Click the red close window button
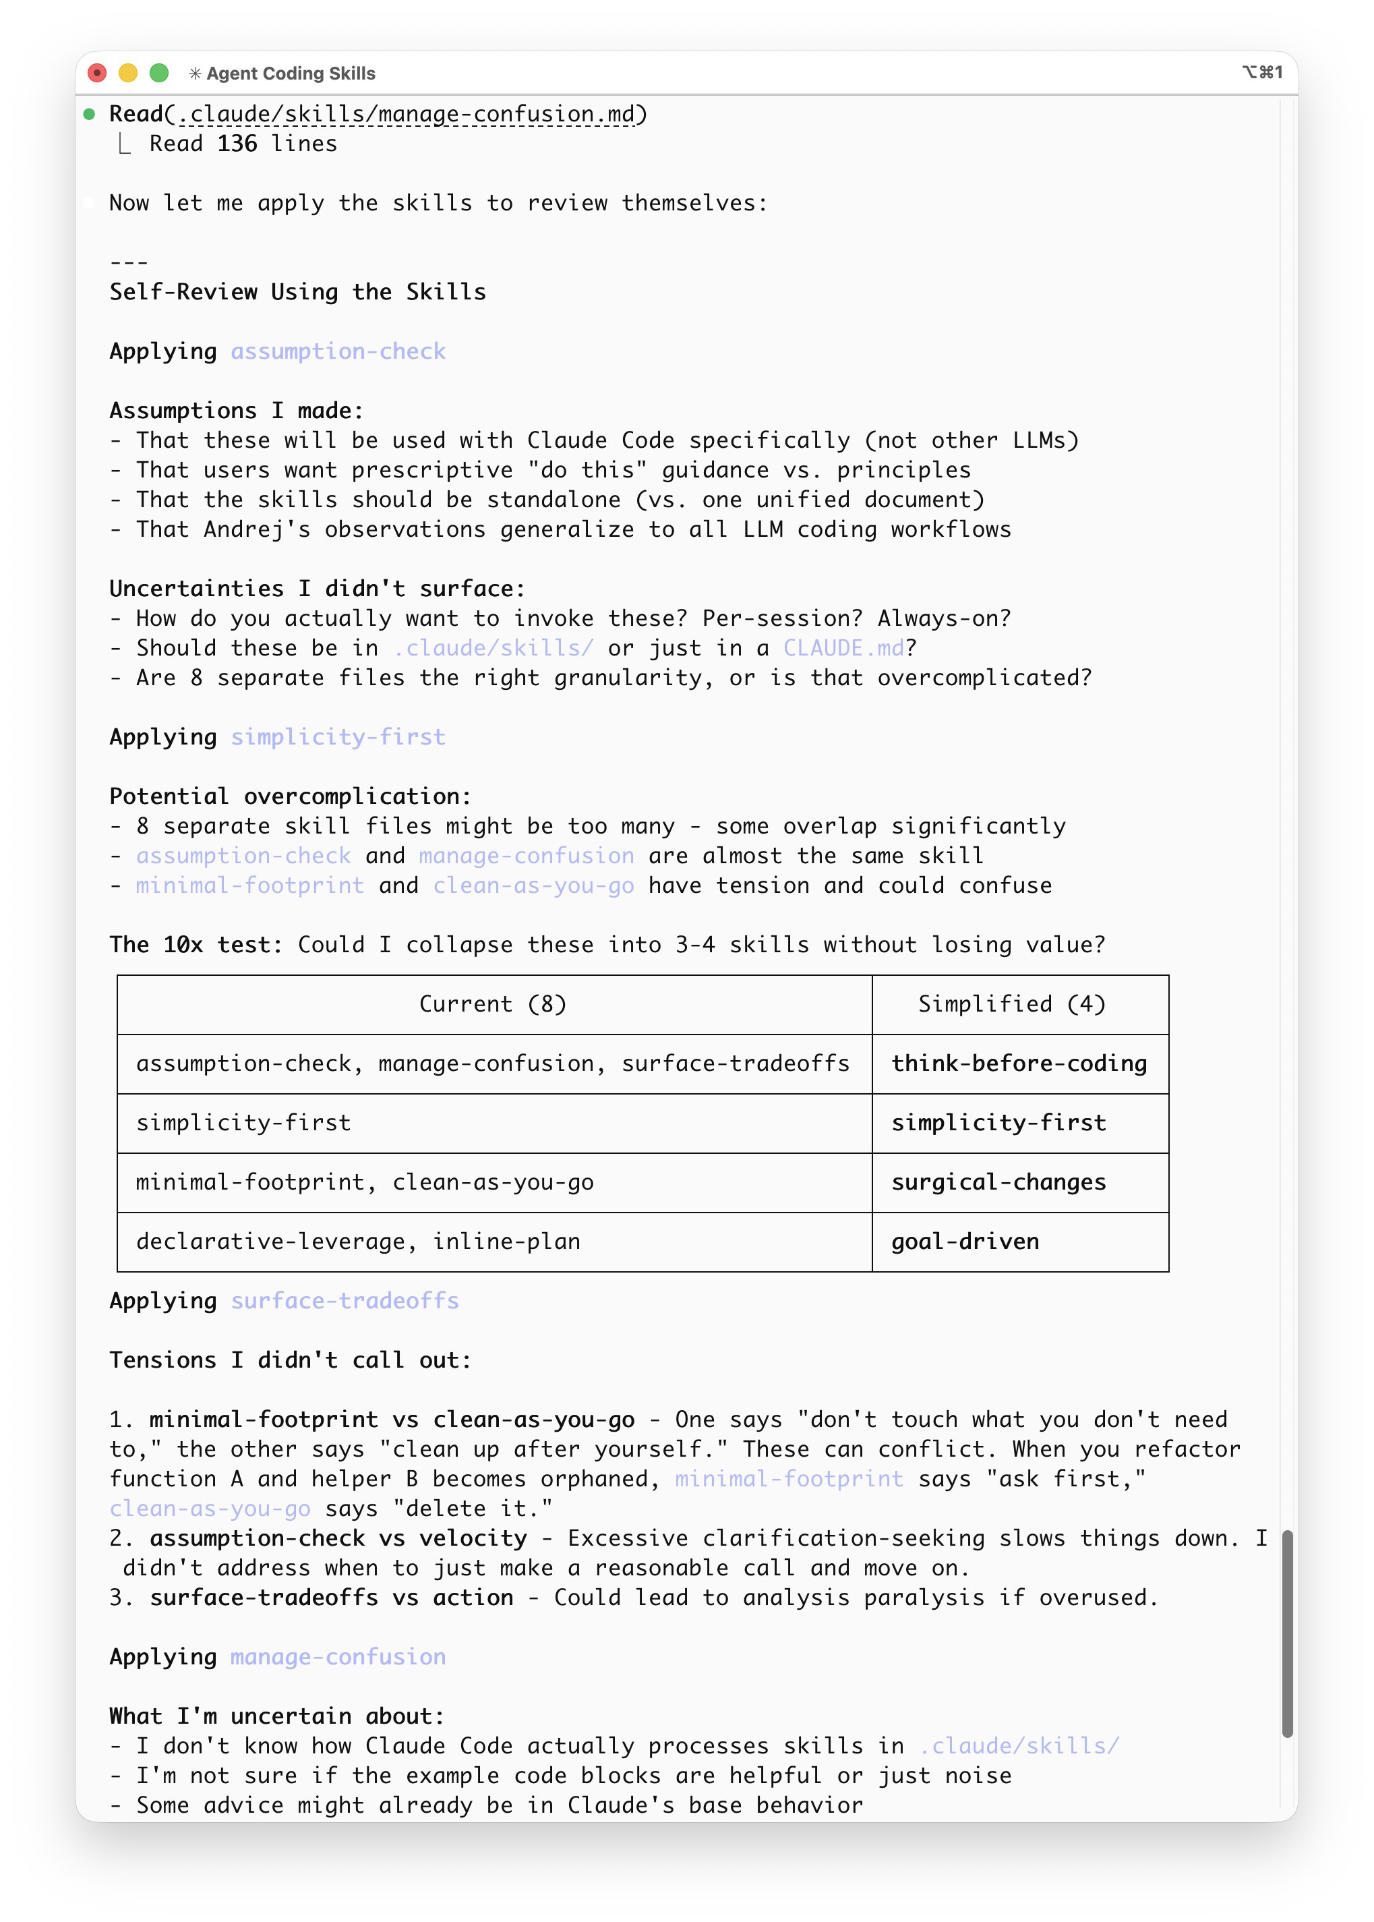pyautogui.click(x=97, y=74)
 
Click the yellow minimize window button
pyautogui.click(x=127, y=74)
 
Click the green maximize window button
pyautogui.click(x=159, y=74)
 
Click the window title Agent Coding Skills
pyautogui.click(x=290, y=74)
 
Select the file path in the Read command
pyautogui.click(x=405, y=114)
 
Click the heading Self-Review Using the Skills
pyautogui.click(x=298, y=292)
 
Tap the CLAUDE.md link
pyautogui.click(x=843, y=648)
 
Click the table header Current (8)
pyautogui.click(x=494, y=1005)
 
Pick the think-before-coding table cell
pyautogui.click(x=1019, y=1064)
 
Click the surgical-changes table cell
pyautogui.click(x=998, y=1182)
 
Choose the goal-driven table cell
pyautogui.click(x=965, y=1242)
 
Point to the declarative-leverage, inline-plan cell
pyautogui.click(x=359, y=1242)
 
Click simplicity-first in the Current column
pyautogui.click(x=243, y=1123)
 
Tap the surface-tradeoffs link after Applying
pyautogui.click(x=345, y=1301)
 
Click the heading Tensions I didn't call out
pyautogui.click(x=290, y=1360)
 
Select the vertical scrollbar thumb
pyautogui.click(x=1287, y=1633)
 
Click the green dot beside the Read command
pyautogui.click(x=89, y=114)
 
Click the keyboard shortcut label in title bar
pyautogui.click(x=1262, y=73)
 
